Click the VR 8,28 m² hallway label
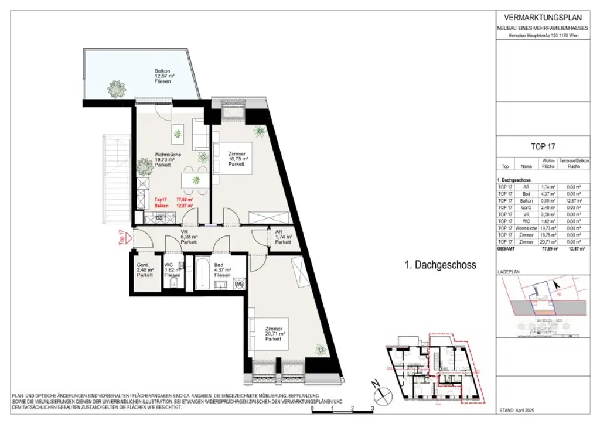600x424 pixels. click(x=188, y=239)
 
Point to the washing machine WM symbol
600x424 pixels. click(x=238, y=284)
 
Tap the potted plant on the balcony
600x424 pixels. click(x=116, y=89)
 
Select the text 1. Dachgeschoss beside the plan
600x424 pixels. click(x=441, y=265)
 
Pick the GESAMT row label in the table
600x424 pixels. click(x=506, y=249)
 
